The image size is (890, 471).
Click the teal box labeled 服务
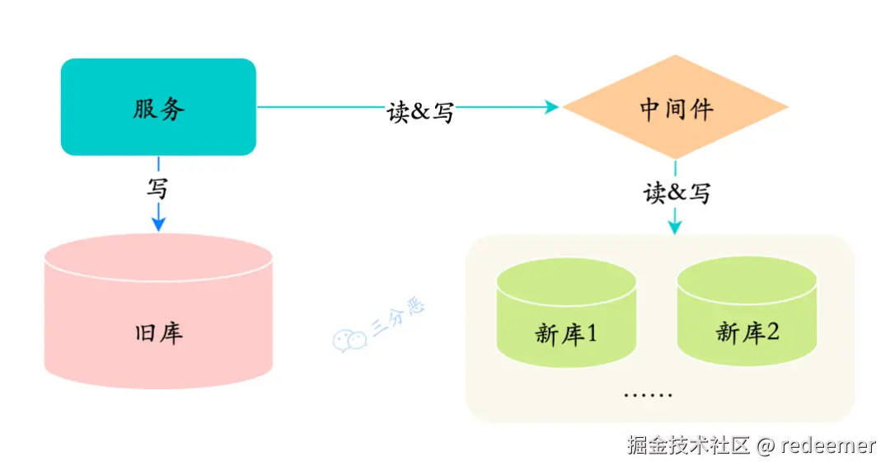point(158,107)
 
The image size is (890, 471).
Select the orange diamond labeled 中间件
point(675,107)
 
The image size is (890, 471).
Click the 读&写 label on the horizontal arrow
point(420,111)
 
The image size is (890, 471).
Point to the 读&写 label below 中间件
point(677,192)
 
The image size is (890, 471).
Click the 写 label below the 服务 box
point(157,188)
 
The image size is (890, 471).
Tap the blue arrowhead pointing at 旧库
point(159,223)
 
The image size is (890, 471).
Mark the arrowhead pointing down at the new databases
point(675,226)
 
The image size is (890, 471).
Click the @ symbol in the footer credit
point(766,446)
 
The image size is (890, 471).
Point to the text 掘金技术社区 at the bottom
point(689,446)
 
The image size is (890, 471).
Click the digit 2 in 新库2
point(773,332)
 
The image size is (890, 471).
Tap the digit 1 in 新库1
point(592,334)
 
